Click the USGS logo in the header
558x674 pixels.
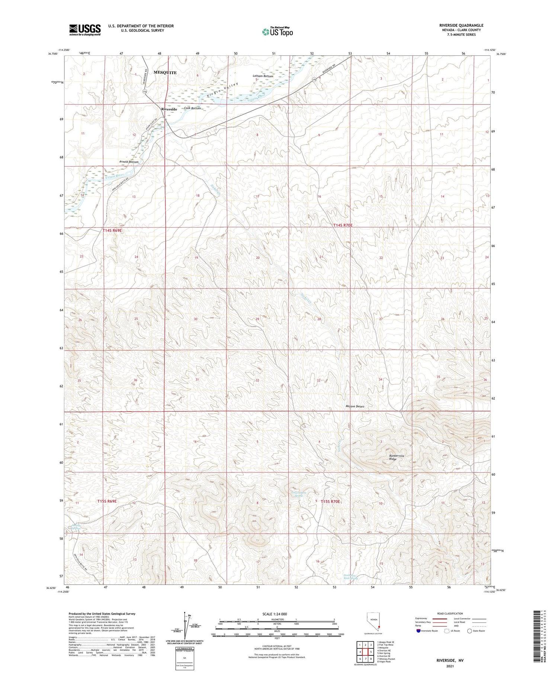click(x=85, y=30)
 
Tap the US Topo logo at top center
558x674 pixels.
click(x=277, y=32)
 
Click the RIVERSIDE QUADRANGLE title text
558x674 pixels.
click(x=461, y=25)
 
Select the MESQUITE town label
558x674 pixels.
click(x=165, y=72)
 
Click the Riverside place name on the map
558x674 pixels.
click(x=169, y=109)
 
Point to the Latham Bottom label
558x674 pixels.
click(x=263, y=76)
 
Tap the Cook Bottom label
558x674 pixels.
click(x=192, y=108)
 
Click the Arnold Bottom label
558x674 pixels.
click(x=129, y=162)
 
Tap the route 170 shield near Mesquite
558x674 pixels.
click(x=144, y=91)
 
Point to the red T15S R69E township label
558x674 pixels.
click(x=107, y=501)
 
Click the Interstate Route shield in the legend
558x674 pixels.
click(x=418, y=631)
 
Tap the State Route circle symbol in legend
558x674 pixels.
click(x=469, y=631)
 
